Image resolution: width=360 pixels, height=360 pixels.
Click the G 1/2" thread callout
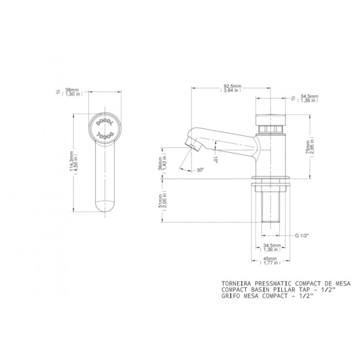click(302, 234)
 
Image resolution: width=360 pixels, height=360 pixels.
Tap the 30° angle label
click(200, 170)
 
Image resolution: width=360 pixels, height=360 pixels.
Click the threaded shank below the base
click(270, 204)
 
